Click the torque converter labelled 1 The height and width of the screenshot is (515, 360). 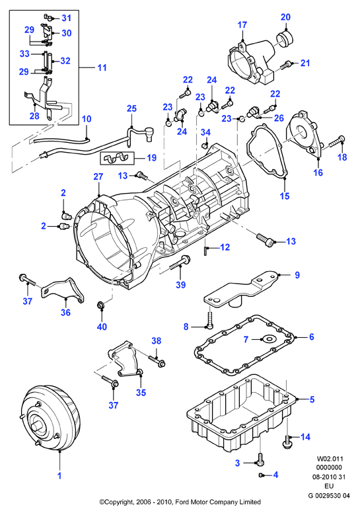51,418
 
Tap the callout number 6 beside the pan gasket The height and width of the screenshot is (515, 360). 311,337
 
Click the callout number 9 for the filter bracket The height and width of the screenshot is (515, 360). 297,274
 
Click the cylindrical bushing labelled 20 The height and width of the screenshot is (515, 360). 285,39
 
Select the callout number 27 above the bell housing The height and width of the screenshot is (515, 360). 98,177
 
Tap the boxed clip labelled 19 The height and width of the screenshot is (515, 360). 117,158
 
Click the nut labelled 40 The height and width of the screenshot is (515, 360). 101,306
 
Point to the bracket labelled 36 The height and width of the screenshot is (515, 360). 62,292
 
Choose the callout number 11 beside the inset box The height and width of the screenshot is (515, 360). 102,67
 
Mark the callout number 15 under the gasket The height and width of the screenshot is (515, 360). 285,196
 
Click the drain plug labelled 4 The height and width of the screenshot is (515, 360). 261,475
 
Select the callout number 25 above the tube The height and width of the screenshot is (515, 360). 131,108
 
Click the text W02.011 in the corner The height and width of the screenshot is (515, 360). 330,459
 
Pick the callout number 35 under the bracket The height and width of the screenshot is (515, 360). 141,393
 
